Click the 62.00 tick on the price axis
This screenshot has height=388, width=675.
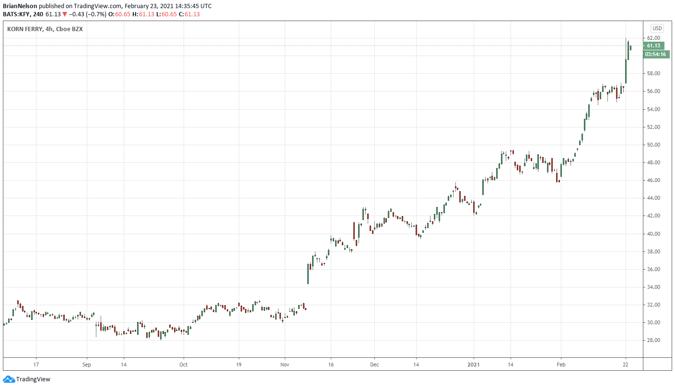click(654, 38)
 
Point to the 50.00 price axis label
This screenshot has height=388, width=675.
click(654, 145)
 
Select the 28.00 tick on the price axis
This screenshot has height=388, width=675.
click(654, 341)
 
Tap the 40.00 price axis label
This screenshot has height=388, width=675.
click(654, 234)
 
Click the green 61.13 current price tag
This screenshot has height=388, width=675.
click(653, 46)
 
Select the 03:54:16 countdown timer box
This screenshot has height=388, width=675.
click(655, 54)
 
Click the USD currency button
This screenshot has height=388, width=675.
click(656, 28)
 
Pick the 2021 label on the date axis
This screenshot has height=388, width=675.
click(474, 364)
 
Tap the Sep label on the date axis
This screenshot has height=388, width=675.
click(87, 364)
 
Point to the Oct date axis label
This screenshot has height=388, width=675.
click(183, 364)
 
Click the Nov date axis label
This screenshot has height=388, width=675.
click(284, 364)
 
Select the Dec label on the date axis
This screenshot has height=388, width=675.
click(374, 364)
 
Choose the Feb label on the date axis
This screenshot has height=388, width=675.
click(560, 364)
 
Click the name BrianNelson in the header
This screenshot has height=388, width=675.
click(20, 6)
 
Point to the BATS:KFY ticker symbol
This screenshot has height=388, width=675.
click(16, 14)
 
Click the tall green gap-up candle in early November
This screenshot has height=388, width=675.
click(308, 274)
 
